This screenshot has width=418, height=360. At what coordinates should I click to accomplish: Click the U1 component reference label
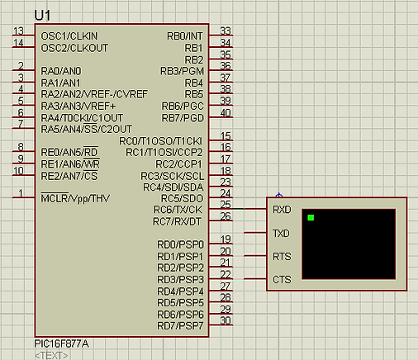(x=42, y=16)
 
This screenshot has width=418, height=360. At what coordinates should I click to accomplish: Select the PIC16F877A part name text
(x=62, y=343)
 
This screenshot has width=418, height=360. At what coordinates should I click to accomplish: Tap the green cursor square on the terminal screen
(x=311, y=218)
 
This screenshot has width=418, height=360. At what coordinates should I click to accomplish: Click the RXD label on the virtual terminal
(x=282, y=210)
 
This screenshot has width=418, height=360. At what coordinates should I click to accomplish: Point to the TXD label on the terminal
(x=281, y=234)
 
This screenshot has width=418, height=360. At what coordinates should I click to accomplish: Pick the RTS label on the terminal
(x=282, y=257)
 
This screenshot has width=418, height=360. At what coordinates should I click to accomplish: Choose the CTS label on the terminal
(x=282, y=280)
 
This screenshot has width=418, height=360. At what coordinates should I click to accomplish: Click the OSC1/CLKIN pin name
(x=69, y=36)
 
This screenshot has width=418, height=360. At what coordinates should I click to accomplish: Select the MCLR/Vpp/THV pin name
(x=75, y=198)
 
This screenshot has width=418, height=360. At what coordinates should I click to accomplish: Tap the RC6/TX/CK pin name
(x=178, y=210)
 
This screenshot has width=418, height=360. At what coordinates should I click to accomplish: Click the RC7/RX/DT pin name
(x=177, y=221)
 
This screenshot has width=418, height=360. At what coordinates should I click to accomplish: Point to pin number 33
(x=226, y=31)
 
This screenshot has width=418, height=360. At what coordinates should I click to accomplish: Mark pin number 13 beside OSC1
(x=18, y=31)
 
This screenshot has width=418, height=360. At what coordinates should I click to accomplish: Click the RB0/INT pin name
(x=185, y=36)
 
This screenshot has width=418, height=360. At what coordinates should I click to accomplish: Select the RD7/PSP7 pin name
(x=180, y=326)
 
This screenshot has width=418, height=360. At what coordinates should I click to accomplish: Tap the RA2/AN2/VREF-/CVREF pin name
(x=94, y=94)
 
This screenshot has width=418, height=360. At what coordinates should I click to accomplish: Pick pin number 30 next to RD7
(x=226, y=320)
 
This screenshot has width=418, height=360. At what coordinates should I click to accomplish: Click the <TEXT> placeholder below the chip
(x=51, y=355)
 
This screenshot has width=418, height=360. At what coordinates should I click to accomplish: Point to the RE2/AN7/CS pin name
(x=69, y=176)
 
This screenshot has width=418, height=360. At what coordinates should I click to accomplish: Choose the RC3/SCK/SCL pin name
(x=173, y=176)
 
